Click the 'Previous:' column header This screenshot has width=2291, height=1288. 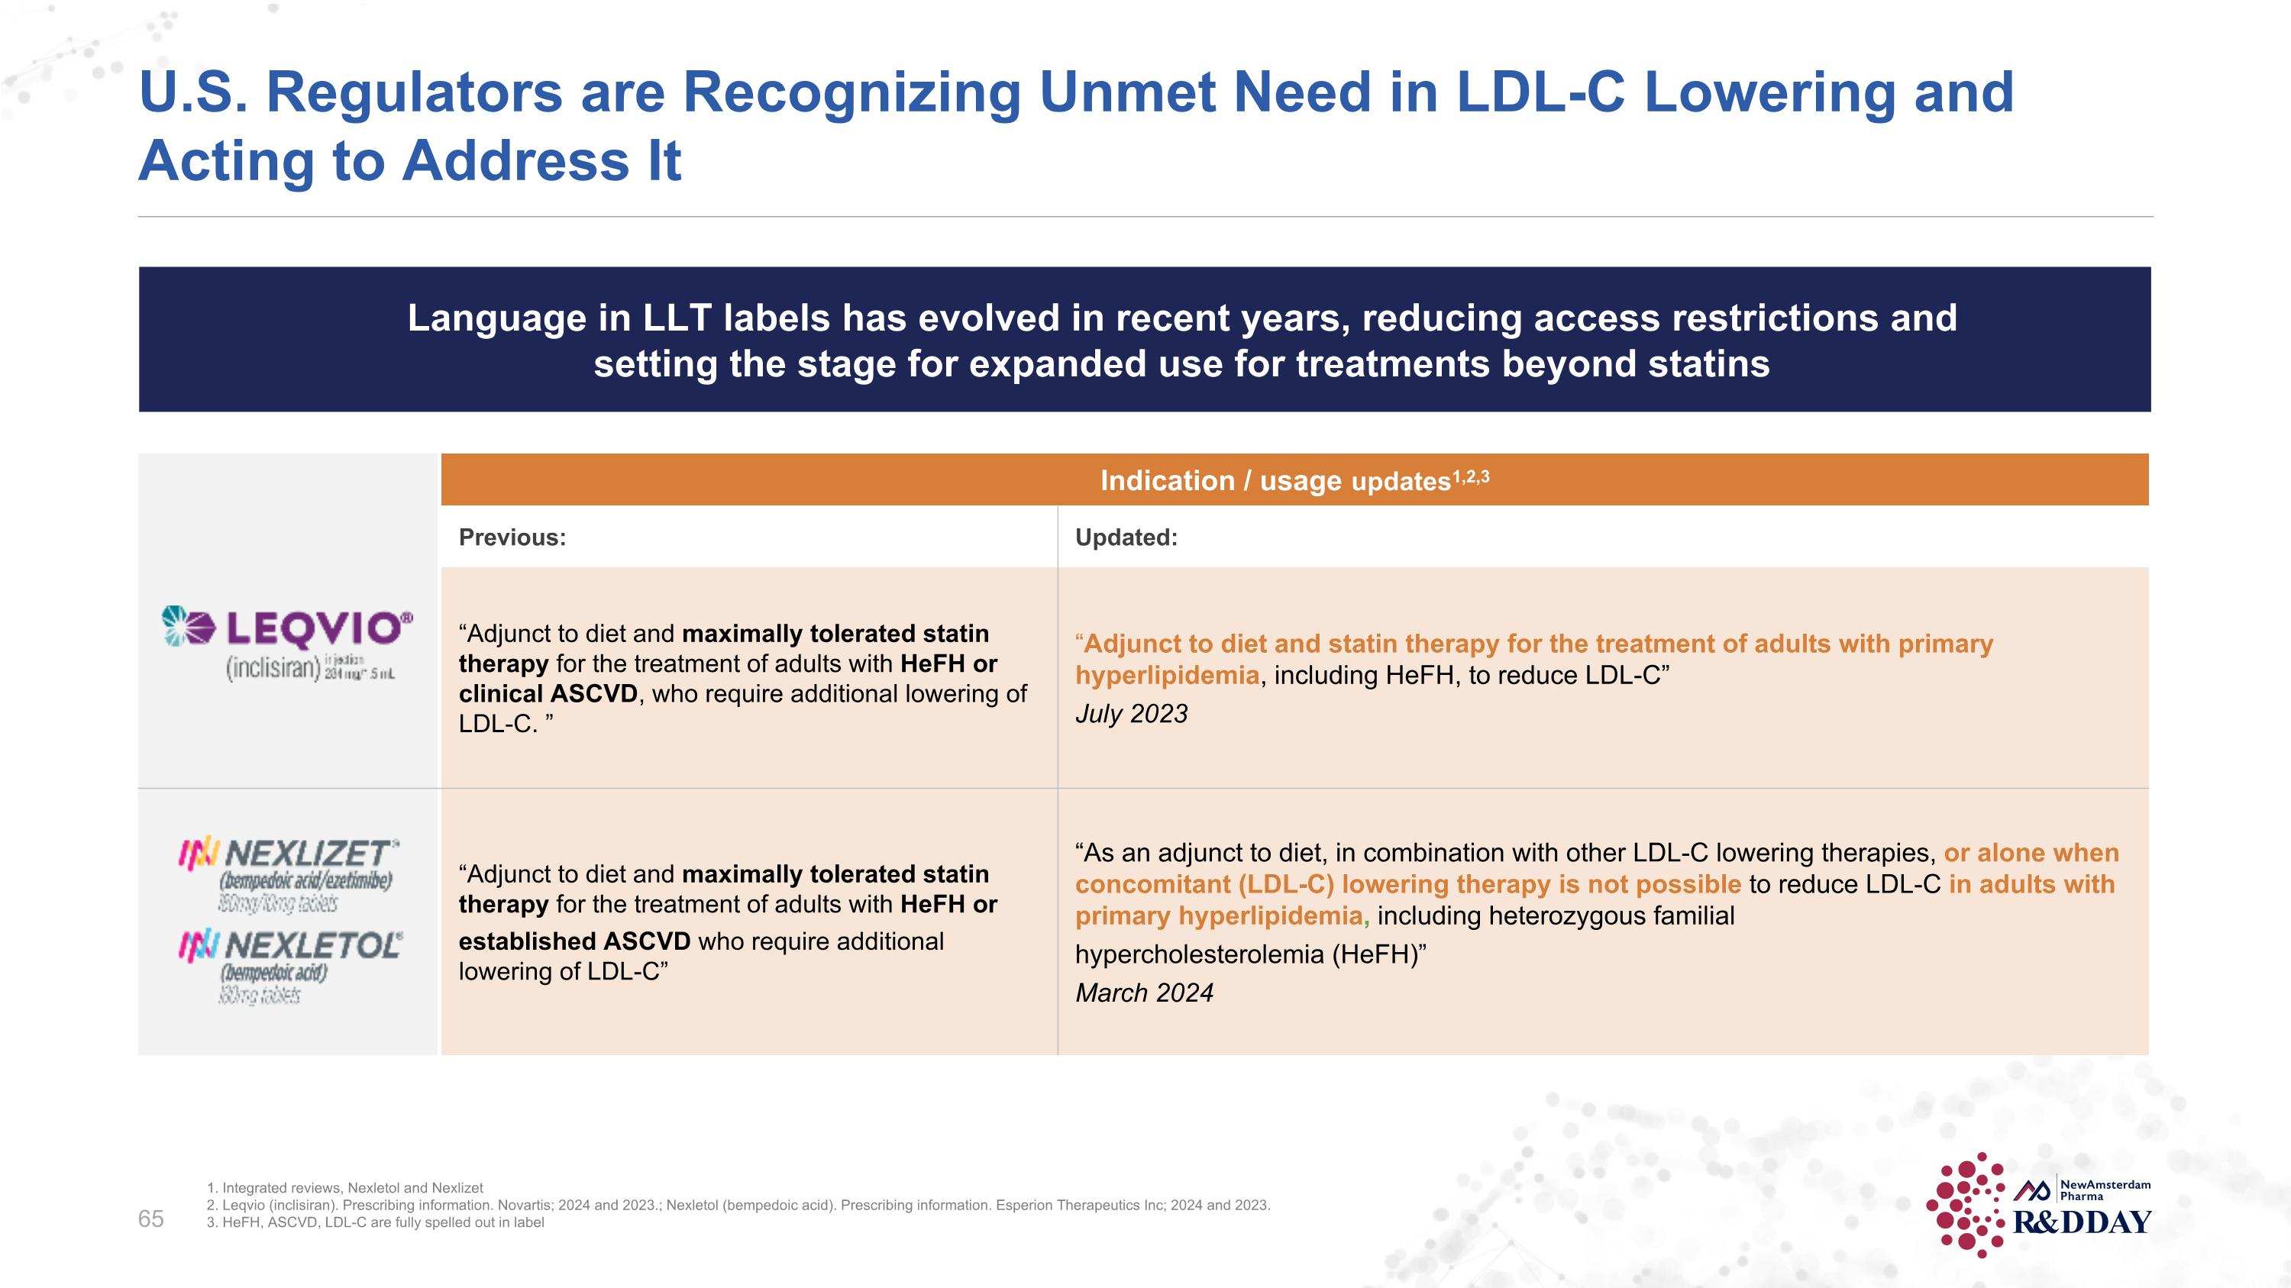(x=512, y=537)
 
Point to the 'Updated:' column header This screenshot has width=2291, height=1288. (x=1126, y=537)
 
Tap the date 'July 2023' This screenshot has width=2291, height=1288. (x=1131, y=714)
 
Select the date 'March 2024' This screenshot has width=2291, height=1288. (x=1144, y=993)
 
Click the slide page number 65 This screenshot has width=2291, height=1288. (x=151, y=1219)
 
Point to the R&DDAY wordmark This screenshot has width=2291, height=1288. (x=2082, y=1223)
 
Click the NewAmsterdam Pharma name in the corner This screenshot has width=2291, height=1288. (x=2104, y=1190)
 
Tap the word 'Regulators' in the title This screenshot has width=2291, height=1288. (x=415, y=92)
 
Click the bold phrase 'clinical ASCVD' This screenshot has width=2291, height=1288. (x=548, y=694)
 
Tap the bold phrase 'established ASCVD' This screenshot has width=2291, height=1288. (x=574, y=941)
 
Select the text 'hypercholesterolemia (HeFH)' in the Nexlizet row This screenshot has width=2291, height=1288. (x=1249, y=954)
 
